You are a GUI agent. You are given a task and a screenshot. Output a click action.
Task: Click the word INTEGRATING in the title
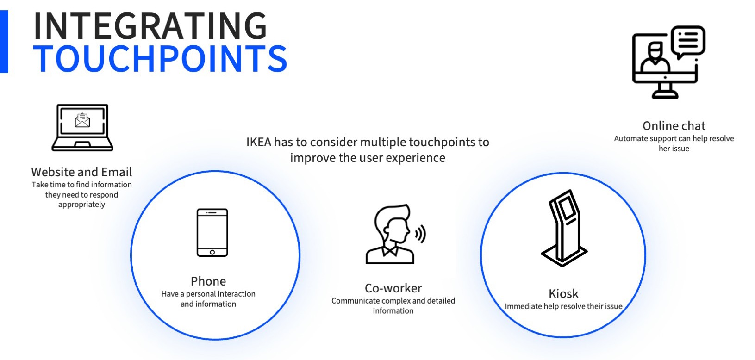150,26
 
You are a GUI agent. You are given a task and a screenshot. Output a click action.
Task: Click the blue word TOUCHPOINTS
161,59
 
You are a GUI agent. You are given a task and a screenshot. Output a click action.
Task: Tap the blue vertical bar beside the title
4,42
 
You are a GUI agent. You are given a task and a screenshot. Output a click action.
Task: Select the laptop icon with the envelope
82,127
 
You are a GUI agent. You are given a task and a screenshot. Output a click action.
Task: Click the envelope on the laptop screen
82,120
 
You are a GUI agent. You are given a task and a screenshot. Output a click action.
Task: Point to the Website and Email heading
81,172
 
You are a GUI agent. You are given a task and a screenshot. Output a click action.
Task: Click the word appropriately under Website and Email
81,205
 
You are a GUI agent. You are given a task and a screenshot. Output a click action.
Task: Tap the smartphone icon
212,233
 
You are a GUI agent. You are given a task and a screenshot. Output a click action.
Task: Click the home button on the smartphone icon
212,252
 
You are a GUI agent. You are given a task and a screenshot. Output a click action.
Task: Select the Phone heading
208,281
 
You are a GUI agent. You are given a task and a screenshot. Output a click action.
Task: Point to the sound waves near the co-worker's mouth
421,234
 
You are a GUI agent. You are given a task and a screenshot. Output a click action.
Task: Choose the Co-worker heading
393,288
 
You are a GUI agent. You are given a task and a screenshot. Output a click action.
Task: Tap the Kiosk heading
563,293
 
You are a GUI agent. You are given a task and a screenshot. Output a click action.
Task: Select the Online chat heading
674,126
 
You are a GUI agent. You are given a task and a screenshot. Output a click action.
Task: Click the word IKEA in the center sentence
258,142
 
